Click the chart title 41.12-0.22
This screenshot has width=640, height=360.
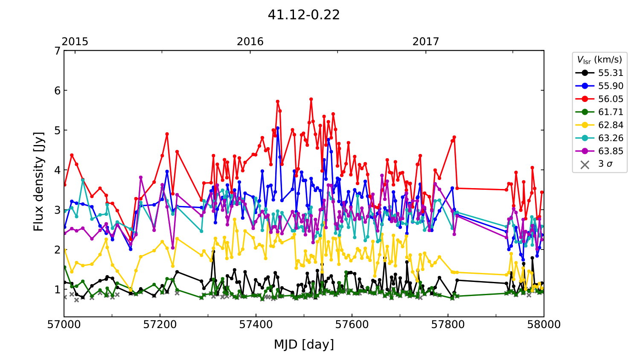[x=303, y=15]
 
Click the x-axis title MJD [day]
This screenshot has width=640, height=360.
[x=303, y=344]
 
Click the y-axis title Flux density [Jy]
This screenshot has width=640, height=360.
[x=38, y=182]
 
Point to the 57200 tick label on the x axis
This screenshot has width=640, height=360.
[x=160, y=325]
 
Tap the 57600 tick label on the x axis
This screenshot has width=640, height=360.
[x=352, y=325]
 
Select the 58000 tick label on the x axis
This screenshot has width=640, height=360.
[x=544, y=325]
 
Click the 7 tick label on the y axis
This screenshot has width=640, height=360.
[x=57, y=51]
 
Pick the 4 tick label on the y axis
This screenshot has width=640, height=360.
[x=57, y=170]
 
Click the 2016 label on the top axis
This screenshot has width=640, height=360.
[x=250, y=41]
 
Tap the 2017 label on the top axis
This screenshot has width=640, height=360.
[x=425, y=41]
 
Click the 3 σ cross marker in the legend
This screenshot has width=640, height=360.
[x=585, y=164]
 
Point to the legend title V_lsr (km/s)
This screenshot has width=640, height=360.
[x=599, y=60]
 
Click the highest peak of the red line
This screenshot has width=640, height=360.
[x=311, y=99]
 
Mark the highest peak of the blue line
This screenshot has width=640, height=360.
[x=278, y=128]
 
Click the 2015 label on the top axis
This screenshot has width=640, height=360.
[x=75, y=41]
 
